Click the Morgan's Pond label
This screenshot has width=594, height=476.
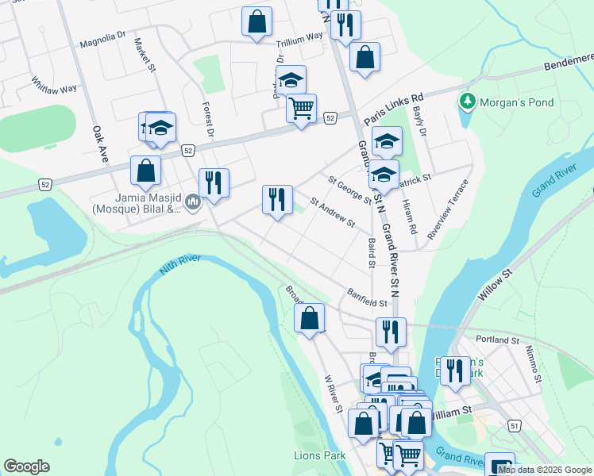pyautogui.click(x=519, y=102)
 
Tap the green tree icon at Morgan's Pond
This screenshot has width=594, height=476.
pyautogui.click(x=468, y=102)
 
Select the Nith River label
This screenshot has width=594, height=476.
pyautogui.click(x=180, y=263)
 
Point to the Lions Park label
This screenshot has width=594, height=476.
pyautogui.click(x=320, y=455)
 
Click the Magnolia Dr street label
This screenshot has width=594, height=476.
pyautogui.click(x=102, y=40)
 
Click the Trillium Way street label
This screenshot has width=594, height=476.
pyautogui.click(x=299, y=36)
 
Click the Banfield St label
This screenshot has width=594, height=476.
pyautogui.click(x=366, y=297)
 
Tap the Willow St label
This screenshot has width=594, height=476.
pyautogui.click(x=496, y=282)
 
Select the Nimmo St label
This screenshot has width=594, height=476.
pyautogui.click(x=536, y=365)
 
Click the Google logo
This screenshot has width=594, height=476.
pyautogui.click(x=26, y=466)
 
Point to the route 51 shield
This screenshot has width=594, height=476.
pyautogui.click(x=515, y=426)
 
